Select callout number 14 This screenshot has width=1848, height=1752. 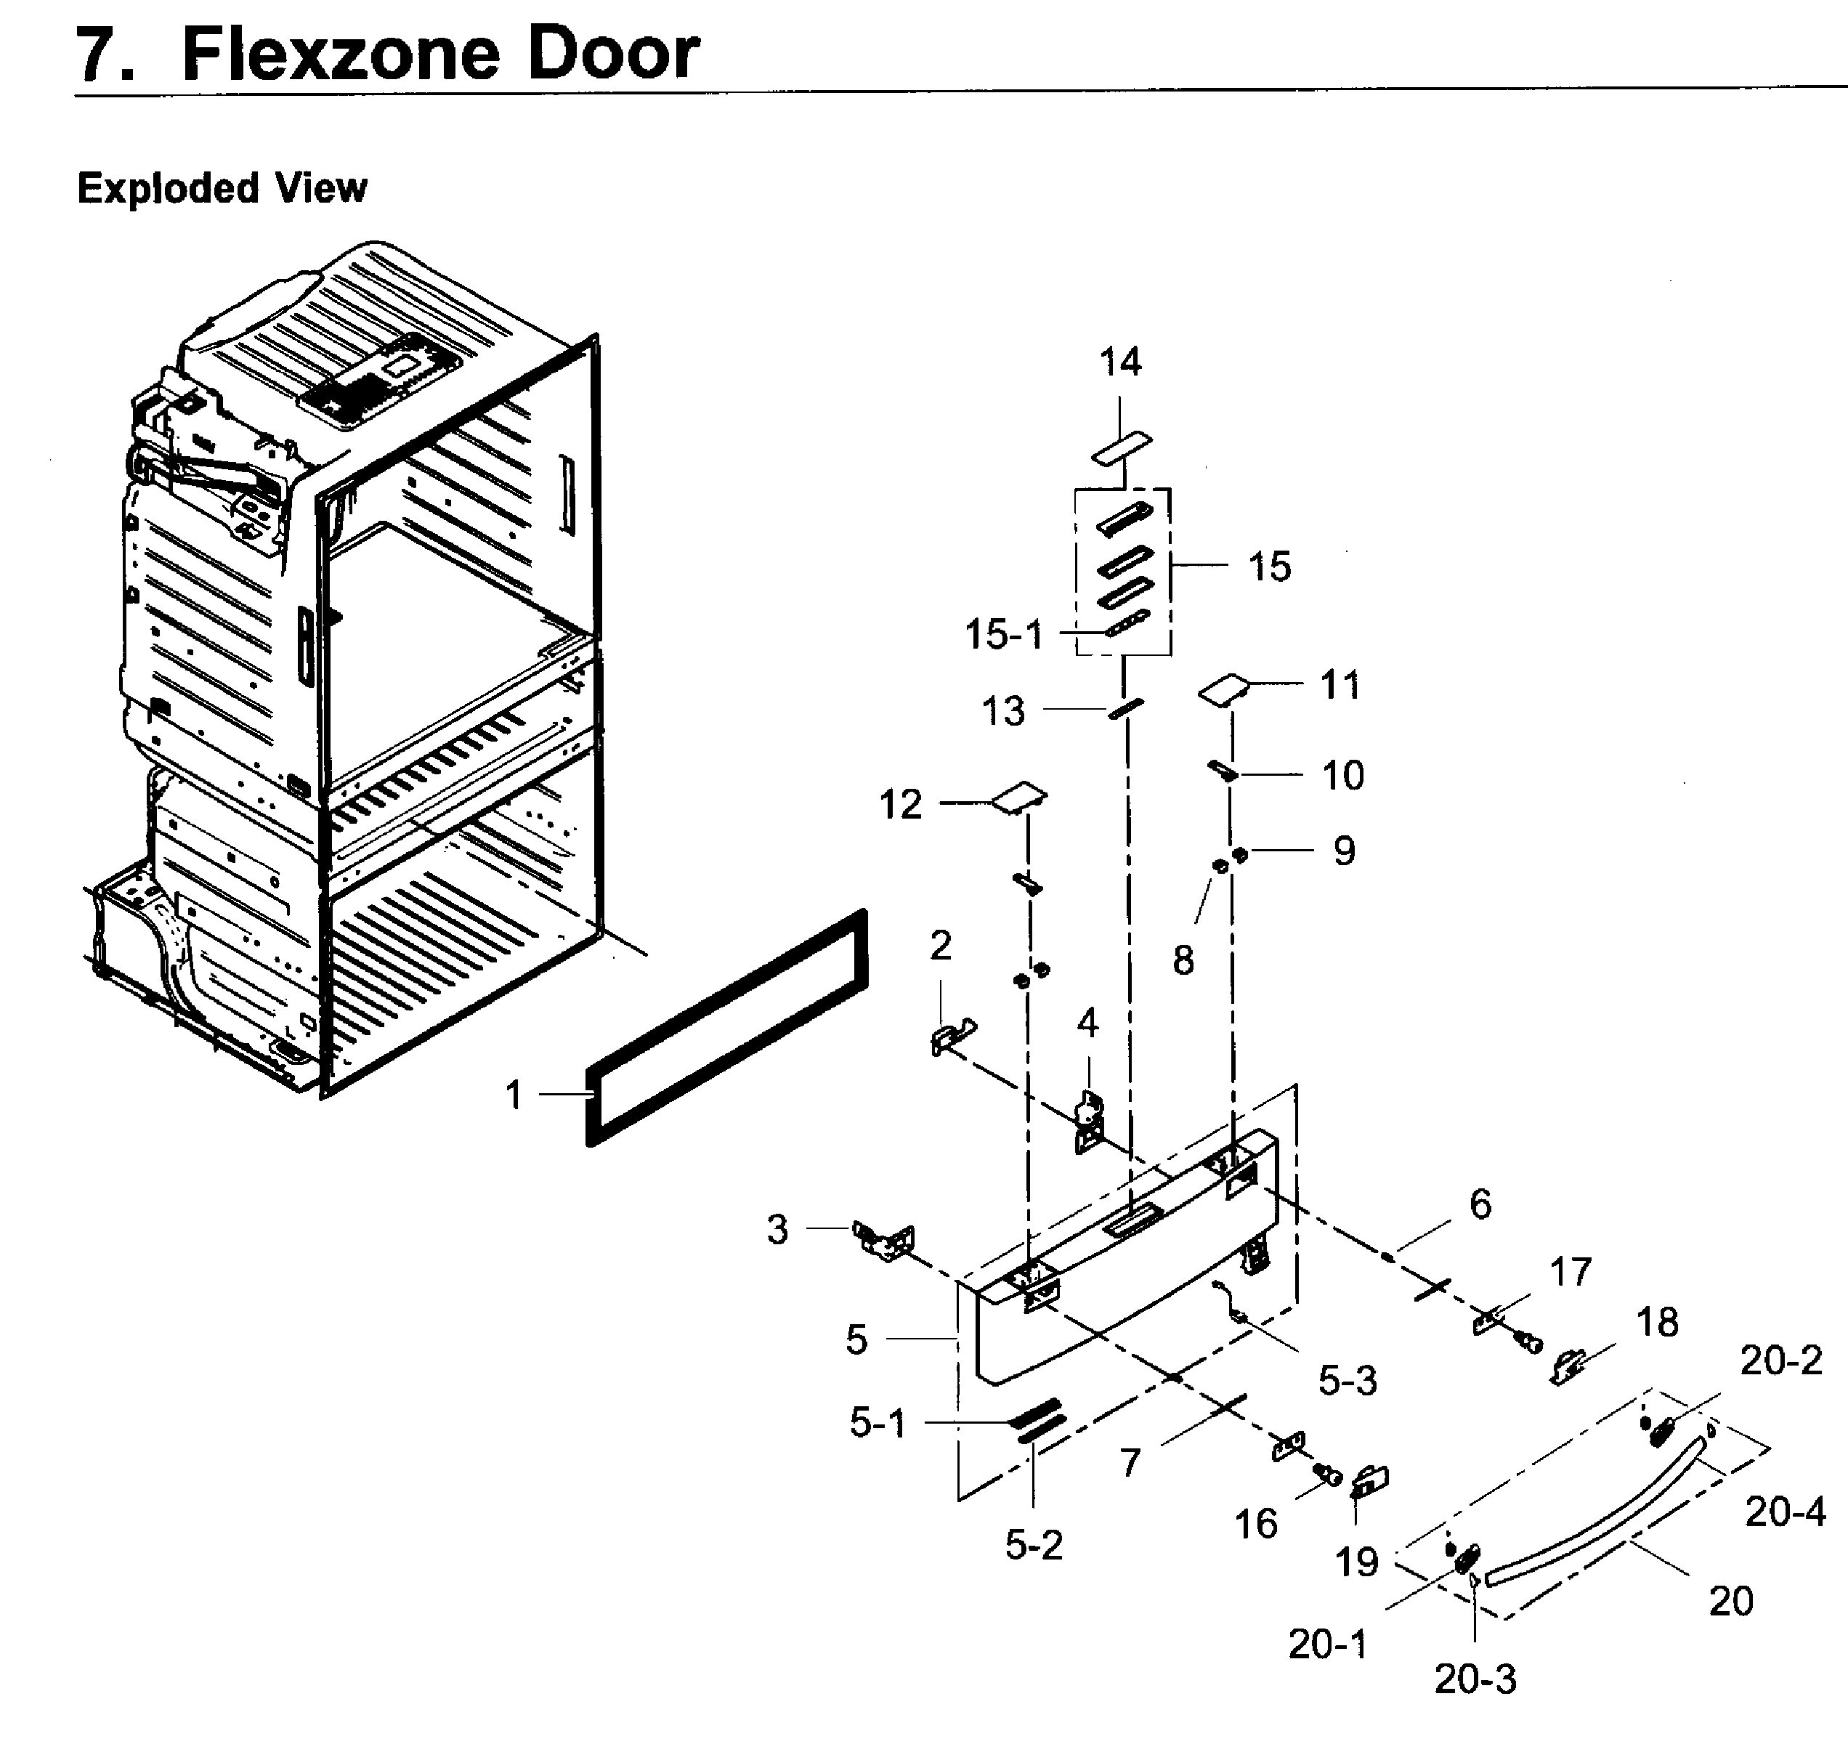point(1119,362)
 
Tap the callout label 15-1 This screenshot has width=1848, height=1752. point(1004,635)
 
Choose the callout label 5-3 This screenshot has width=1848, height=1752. point(1347,1380)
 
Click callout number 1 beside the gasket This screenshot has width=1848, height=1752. point(514,1095)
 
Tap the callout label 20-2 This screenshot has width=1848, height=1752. point(1780,1360)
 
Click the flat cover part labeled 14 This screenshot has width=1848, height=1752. point(1122,447)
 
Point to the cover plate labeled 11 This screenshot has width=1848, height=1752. point(1223,690)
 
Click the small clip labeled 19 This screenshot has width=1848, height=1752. point(1370,1480)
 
